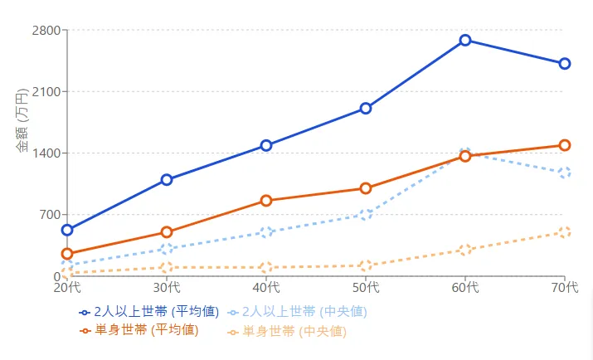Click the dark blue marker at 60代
tap(465, 40)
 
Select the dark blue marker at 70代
tap(565, 64)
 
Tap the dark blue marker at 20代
tap(67, 230)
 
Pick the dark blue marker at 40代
tap(266, 145)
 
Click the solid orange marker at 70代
tap(565, 145)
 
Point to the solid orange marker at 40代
tap(266, 201)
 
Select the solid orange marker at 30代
tap(167, 232)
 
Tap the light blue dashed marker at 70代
tap(565, 173)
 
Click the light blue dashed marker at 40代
tap(266, 232)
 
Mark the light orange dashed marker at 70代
tap(565, 232)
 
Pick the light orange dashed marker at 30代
tap(167, 267)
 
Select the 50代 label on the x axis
tap(366, 288)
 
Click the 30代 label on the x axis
tap(167, 288)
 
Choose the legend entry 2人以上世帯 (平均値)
tap(149, 312)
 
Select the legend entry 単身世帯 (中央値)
tap(287, 331)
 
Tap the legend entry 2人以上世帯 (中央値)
tap(297, 312)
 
